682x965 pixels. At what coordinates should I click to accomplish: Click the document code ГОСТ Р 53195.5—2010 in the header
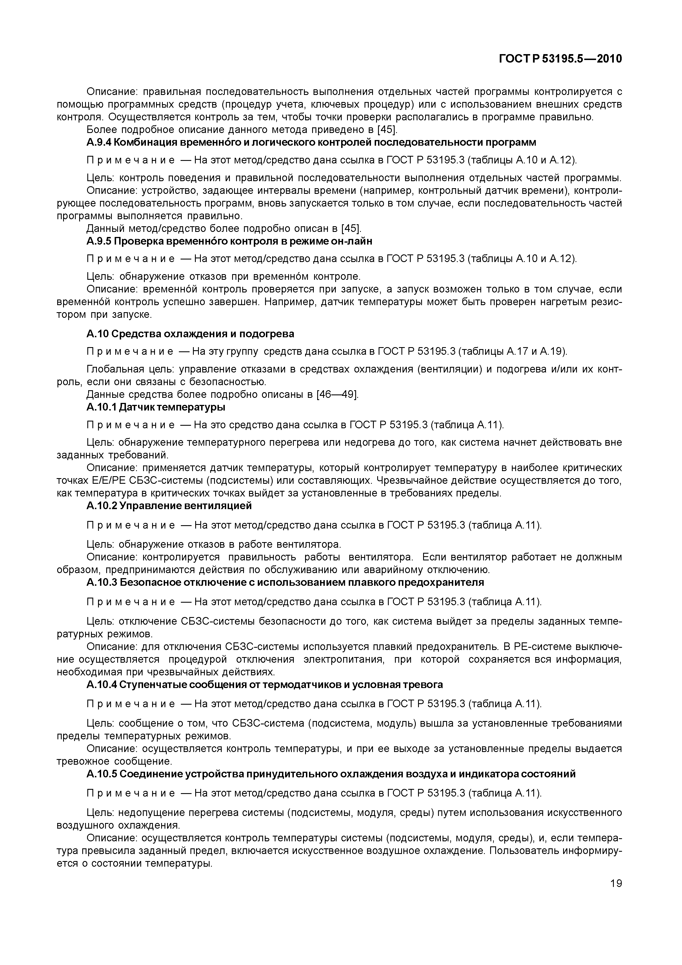pyautogui.click(x=560, y=59)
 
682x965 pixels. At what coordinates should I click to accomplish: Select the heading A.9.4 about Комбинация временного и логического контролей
pyautogui.click(x=311, y=143)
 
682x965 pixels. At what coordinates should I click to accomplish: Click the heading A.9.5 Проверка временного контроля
pyautogui.click(x=229, y=241)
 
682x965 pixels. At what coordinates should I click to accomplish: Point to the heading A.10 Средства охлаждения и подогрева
pyautogui.click(x=190, y=334)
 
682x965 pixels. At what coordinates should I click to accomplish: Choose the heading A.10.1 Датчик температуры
pyautogui.click(x=155, y=407)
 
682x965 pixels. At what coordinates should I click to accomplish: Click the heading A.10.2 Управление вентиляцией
pyautogui.click(x=169, y=506)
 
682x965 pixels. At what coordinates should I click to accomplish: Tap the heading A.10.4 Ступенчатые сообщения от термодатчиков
pyautogui.click(x=264, y=685)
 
